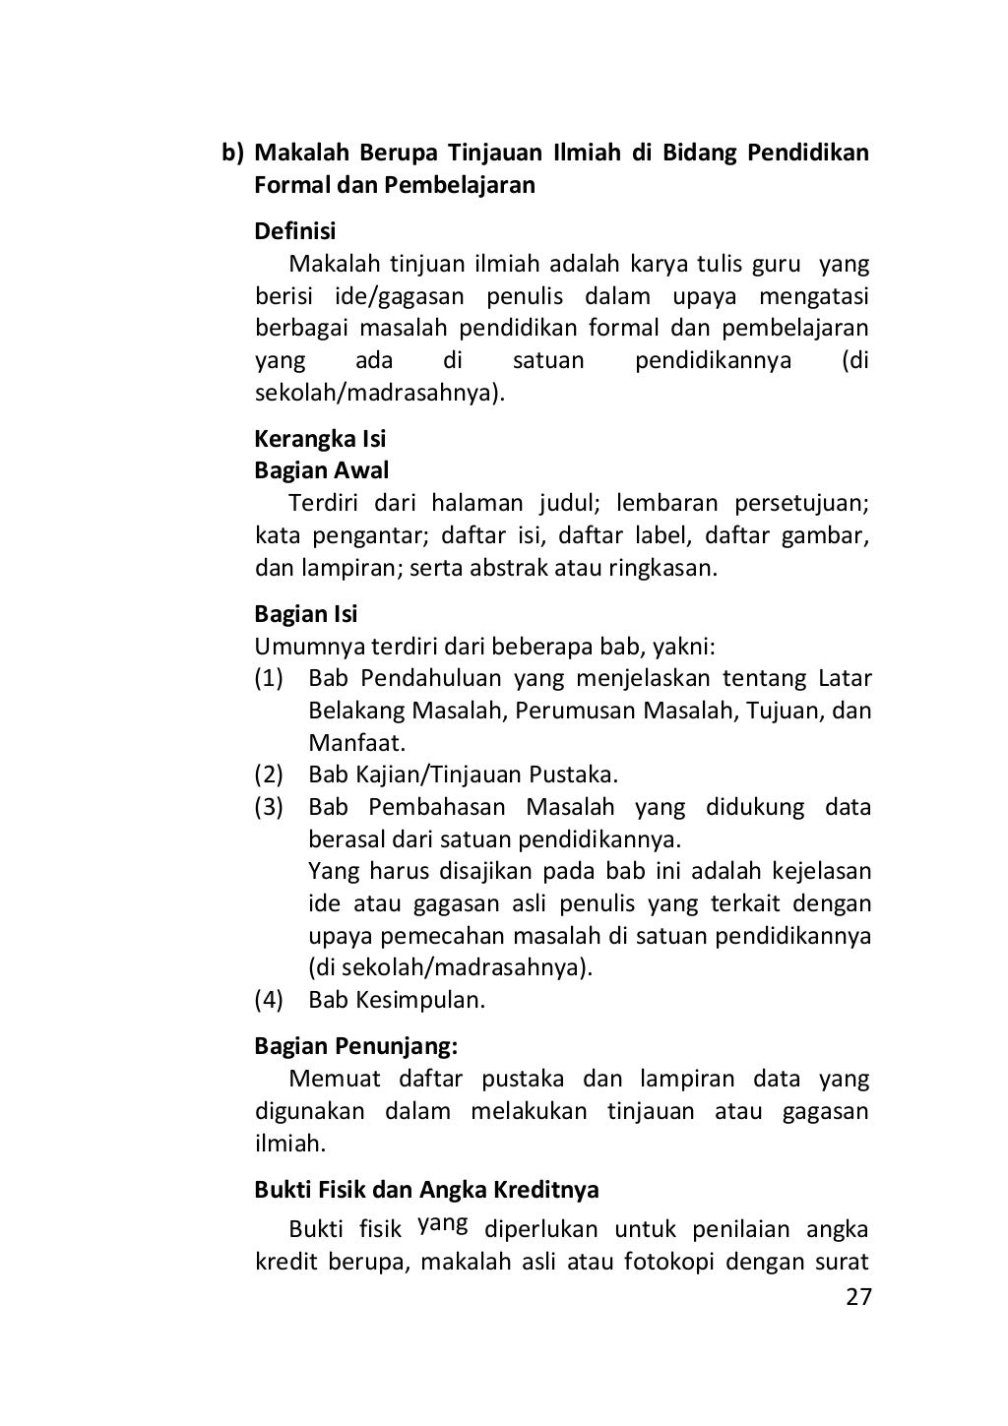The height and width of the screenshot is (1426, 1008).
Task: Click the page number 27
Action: point(858,1297)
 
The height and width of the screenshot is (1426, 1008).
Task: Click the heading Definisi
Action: point(295,231)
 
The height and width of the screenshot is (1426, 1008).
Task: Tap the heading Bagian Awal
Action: point(322,470)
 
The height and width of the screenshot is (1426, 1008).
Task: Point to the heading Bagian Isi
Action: point(306,614)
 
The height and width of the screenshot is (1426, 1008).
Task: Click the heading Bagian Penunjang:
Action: point(356,1045)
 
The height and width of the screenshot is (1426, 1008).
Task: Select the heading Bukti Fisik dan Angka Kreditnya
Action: point(426,1189)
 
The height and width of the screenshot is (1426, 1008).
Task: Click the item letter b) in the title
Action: point(232,154)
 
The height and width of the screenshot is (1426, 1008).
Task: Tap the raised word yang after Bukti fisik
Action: point(442,1224)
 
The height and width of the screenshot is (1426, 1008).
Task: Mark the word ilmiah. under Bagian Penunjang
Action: point(289,1144)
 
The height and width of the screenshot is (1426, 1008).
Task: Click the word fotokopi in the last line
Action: point(670,1261)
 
